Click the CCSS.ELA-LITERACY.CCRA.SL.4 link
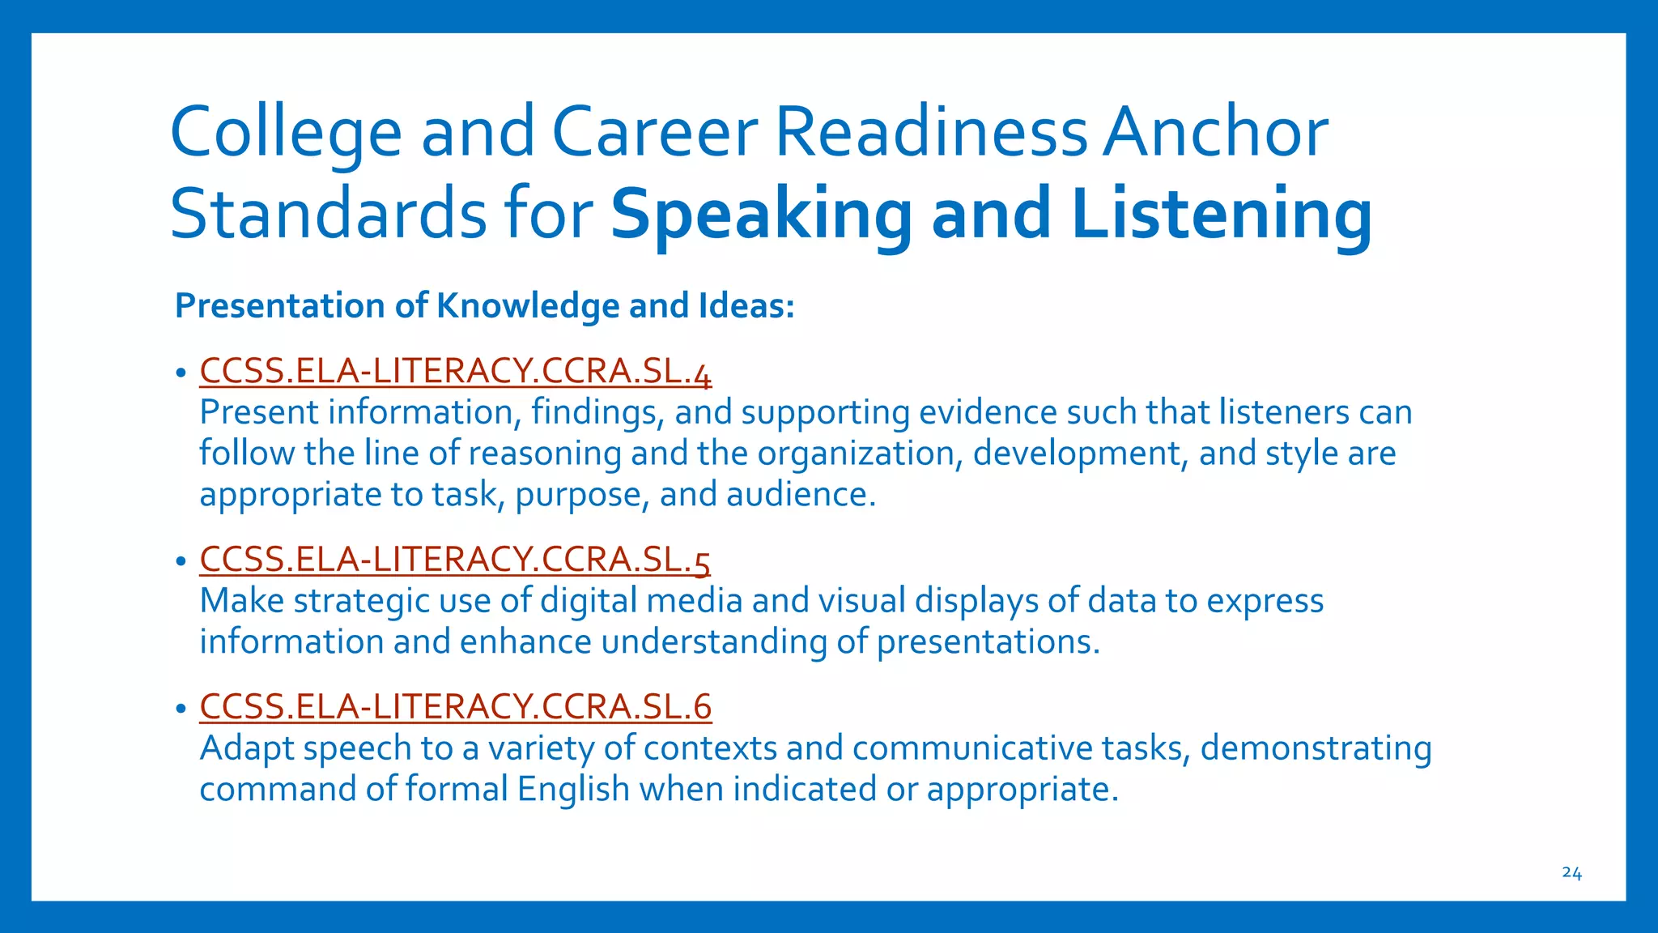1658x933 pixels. [455, 372]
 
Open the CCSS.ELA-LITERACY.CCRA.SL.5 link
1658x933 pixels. [455, 560]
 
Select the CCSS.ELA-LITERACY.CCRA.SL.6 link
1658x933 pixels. [455, 706]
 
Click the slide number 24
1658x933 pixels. [1571, 873]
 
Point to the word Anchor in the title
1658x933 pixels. [1215, 132]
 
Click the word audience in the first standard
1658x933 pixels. [800, 495]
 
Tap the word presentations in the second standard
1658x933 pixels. [988, 642]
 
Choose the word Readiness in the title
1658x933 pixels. [931, 132]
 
